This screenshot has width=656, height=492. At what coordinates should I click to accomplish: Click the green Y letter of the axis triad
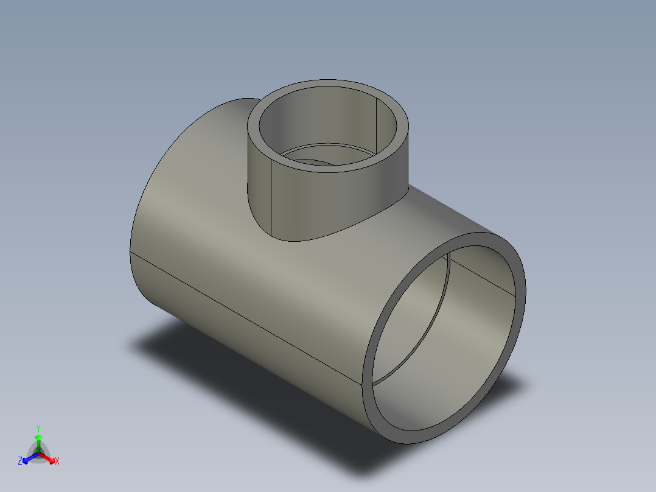click(38, 427)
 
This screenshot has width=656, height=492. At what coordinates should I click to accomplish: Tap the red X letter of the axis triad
click(57, 462)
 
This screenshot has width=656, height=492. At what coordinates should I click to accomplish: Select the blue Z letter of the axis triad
click(20, 462)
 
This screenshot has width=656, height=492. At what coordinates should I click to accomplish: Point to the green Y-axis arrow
click(38, 440)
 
